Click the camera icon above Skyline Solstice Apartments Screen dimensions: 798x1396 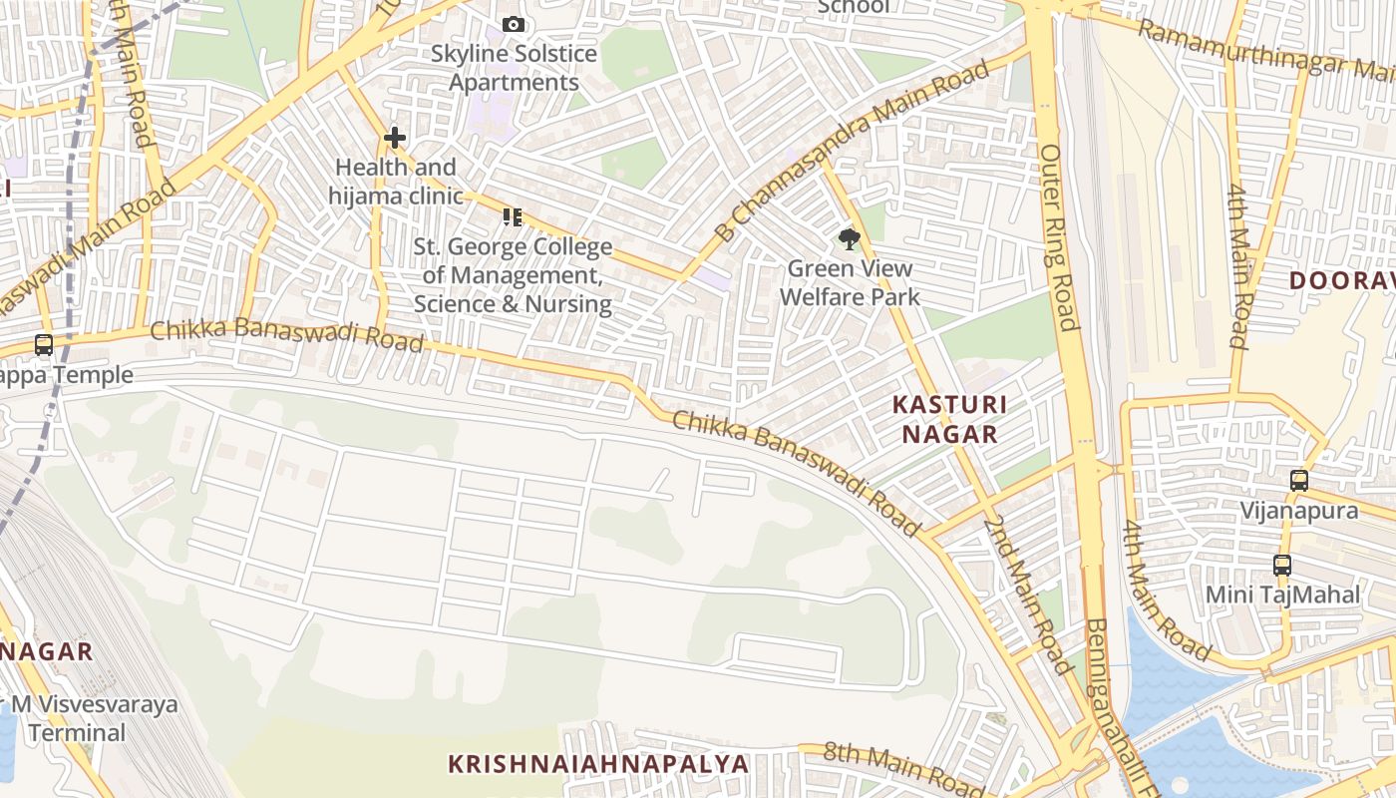513,24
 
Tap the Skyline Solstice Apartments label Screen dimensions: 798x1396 514,68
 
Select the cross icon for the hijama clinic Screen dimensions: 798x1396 395,138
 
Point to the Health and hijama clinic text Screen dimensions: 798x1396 396,181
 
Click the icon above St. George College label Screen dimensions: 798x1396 513,216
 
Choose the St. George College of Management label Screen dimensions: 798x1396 513,275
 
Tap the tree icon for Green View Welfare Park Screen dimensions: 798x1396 849,239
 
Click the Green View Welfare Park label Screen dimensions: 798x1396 850,282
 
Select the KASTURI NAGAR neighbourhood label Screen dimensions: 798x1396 948,419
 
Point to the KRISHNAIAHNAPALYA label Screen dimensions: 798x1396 598,764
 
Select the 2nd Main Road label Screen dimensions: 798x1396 1027,594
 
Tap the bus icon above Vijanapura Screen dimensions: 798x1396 1298,481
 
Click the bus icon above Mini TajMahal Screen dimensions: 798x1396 1282,566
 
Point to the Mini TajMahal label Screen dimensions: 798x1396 1282,595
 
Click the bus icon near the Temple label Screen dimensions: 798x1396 44,345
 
